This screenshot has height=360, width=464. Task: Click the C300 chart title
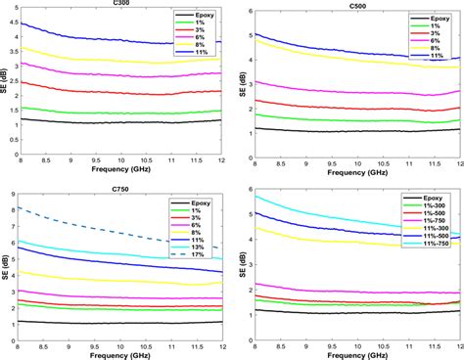coord(122,4)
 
